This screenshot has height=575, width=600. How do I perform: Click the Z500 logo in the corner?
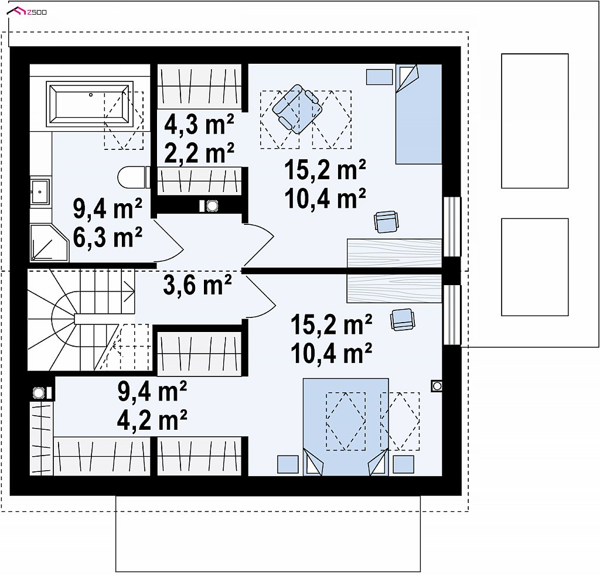[27, 12]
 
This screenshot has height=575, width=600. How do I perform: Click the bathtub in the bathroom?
[90, 104]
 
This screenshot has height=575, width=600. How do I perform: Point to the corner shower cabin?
[49, 243]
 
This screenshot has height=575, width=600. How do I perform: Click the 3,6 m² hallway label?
[197, 285]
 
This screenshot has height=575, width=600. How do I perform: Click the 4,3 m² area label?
[199, 124]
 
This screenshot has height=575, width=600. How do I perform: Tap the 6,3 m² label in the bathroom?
[108, 237]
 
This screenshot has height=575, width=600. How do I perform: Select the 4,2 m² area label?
[152, 419]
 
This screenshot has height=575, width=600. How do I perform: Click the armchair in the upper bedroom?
[297, 109]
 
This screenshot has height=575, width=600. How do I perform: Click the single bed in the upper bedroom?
[418, 114]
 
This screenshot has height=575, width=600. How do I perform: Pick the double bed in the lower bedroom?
[346, 427]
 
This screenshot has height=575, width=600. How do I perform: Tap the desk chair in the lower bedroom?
[402, 320]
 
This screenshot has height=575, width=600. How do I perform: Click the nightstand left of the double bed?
[288, 464]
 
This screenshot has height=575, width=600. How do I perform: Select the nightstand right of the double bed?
[403, 464]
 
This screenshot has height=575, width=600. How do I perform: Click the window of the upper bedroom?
[452, 227]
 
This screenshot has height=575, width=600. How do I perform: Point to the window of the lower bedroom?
[452, 315]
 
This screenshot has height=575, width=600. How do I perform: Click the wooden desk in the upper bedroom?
[394, 253]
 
